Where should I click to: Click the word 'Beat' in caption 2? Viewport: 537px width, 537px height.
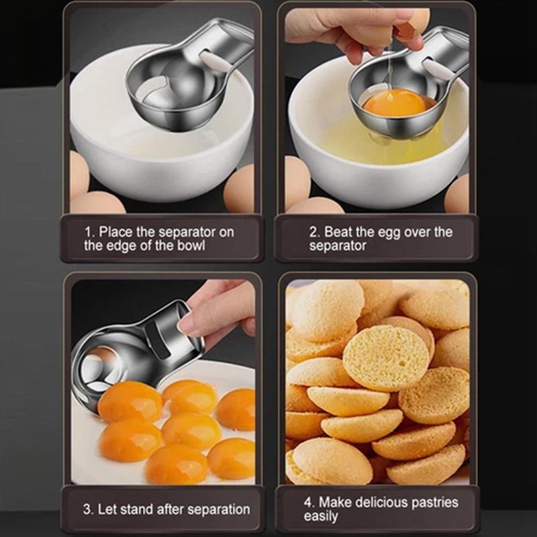click(339, 232)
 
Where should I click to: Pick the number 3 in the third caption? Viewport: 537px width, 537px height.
click(87, 509)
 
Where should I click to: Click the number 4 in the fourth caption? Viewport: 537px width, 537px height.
click(309, 502)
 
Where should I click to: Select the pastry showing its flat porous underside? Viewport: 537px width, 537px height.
click(386, 358)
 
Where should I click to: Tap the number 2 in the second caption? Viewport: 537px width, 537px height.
click(313, 232)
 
